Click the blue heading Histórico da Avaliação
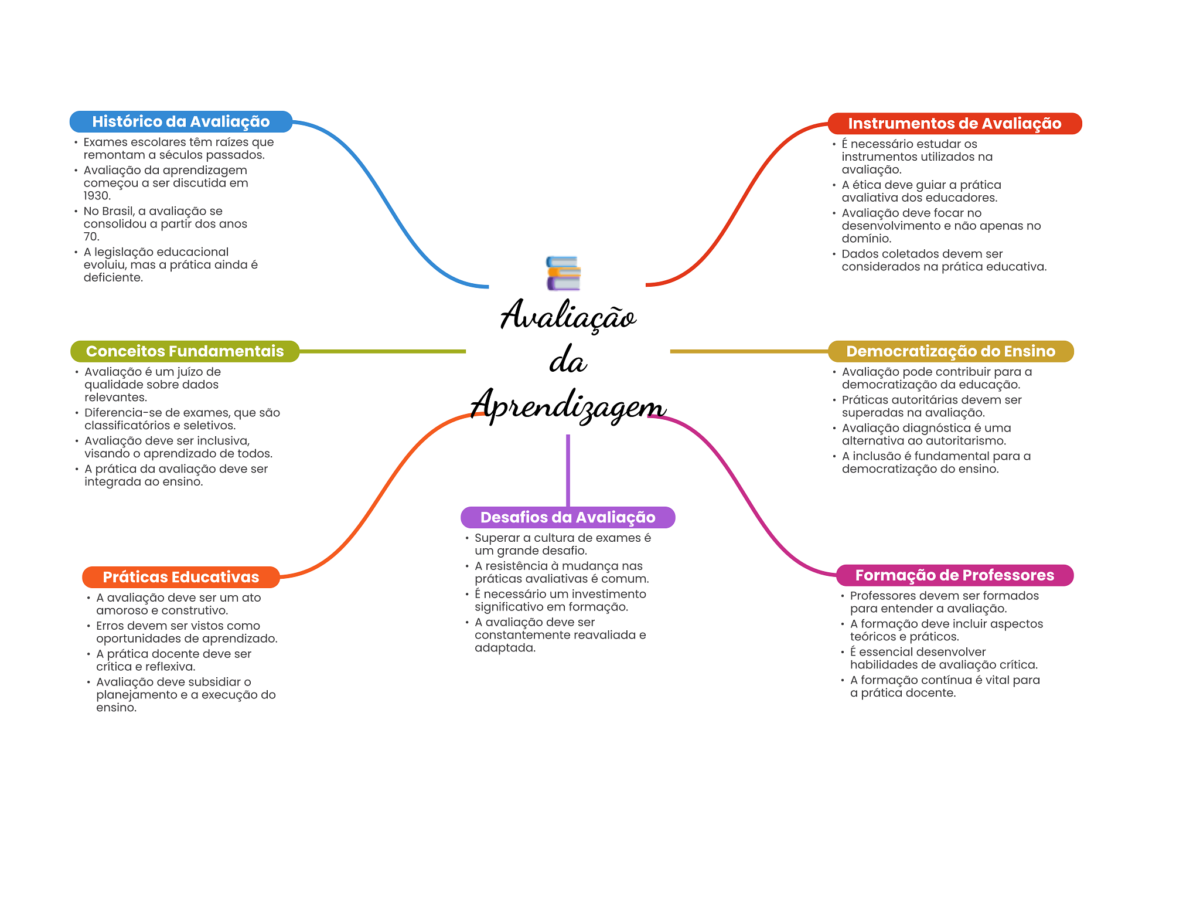point(180,121)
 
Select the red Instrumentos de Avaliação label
point(954,123)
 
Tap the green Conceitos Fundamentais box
point(185,351)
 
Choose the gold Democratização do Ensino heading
point(950,351)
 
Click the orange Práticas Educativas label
point(180,577)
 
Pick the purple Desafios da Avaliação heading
point(567,517)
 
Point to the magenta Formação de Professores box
point(954,575)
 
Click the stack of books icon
point(563,273)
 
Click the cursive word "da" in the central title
point(567,361)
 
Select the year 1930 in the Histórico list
point(96,196)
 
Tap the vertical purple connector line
point(568,469)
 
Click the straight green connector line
point(381,351)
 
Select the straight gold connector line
point(748,351)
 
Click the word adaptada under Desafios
point(504,648)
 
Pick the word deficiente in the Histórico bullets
point(112,278)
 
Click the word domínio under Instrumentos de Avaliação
point(865,239)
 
